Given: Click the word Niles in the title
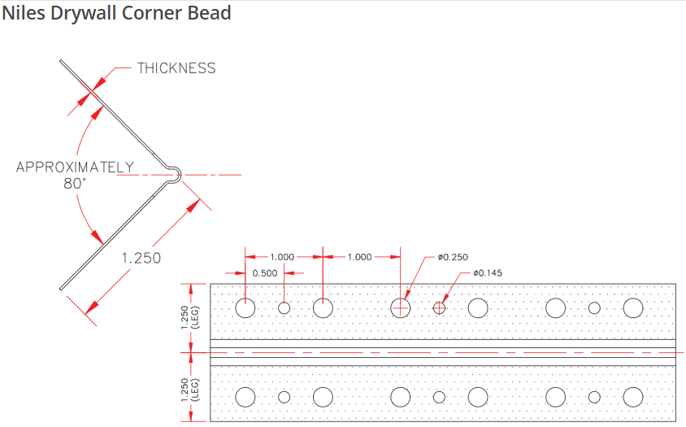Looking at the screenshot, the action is click(x=24, y=13).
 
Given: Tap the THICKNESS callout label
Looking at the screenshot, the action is click(x=176, y=68).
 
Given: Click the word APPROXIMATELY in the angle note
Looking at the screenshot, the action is click(x=75, y=167).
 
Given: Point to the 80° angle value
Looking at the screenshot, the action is click(x=75, y=184).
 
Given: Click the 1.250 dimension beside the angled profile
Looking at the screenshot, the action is click(x=141, y=258).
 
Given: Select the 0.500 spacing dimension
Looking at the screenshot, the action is click(x=265, y=273).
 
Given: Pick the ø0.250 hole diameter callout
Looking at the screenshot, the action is click(x=453, y=257).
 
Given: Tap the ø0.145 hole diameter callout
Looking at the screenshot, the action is click(x=488, y=272).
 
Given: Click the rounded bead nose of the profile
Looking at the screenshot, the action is click(x=178, y=175).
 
